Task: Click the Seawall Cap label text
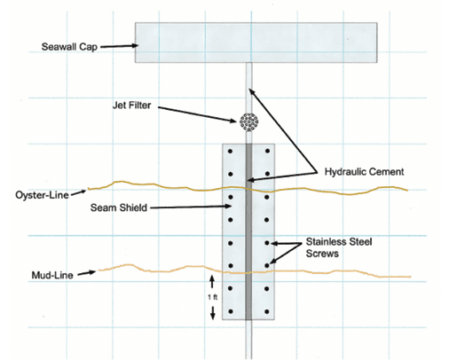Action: pyautogui.click(x=69, y=47)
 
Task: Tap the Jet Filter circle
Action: pyautogui.click(x=248, y=121)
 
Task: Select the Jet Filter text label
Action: pyautogui.click(x=131, y=106)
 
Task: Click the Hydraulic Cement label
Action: pyautogui.click(x=364, y=172)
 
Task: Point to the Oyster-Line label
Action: pyautogui.click(x=42, y=195)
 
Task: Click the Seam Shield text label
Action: pyautogui.click(x=119, y=207)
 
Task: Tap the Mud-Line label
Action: pyautogui.click(x=52, y=275)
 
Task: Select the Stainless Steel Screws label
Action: pyautogui.click(x=339, y=247)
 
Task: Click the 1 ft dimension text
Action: pyautogui.click(x=212, y=297)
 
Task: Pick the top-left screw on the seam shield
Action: pyautogui.click(x=230, y=151)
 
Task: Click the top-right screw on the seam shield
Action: pyautogui.click(x=267, y=151)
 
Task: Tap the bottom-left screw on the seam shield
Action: pyautogui.click(x=231, y=311)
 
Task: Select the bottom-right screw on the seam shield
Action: pyautogui.click(x=267, y=312)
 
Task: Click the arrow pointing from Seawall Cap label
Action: pyautogui.click(x=119, y=46)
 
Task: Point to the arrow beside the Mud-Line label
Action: pyautogui.click(x=87, y=273)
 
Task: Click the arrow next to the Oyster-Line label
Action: pyautogui.click(x=79, y=193)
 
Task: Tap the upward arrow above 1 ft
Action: pyautogui.click(x=212, y=282)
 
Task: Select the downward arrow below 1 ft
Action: pyautogui.click(x=213, y=313)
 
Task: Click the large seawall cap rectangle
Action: pyautogui.click(x=256, y=43)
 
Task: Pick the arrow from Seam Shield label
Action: pyautogui.click(x=191, y=207)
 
